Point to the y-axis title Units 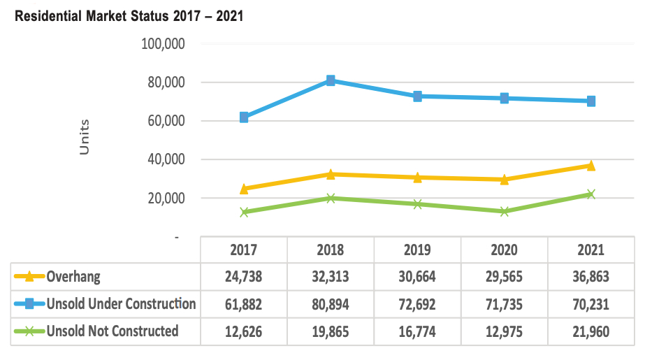(x=85, y=137)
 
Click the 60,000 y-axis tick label (x=161, y=121)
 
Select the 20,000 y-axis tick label (x=161, y=199)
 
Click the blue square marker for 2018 (x=331, y=80)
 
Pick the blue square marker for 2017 (x=244, y=117)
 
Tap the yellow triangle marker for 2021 (x=590, y=166)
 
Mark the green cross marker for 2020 (x=504, y=211)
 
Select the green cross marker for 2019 (x=417, y=204)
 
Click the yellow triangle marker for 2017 (x=244, y=189)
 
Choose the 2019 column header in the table (x=417, y=250)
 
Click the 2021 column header (x=590, y=250)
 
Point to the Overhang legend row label (x=73, y=277)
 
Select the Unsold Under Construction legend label (x=121, y=304)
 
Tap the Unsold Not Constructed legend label (x=112, y=331)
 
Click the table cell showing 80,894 (x=331, y=304)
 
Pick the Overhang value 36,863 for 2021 (x=590, y=277)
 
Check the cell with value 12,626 (x=244, y=331)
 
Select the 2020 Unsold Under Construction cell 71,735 (x=504, y=304)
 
